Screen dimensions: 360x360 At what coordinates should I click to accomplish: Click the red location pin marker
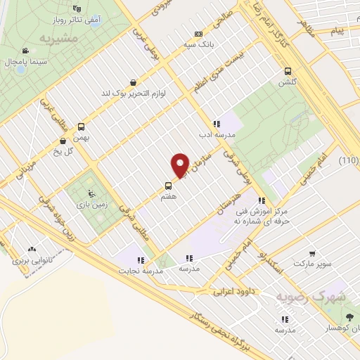[x=180, y=165]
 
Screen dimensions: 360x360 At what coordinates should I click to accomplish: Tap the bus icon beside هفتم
[x=168, y=186]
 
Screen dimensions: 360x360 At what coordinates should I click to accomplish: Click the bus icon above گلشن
[x=288, y=71]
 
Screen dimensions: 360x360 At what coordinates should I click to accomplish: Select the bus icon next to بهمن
[x=82, y=127]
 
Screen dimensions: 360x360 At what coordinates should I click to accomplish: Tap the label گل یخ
[x=63, y=151]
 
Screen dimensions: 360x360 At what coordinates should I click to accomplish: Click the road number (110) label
[x=349, y=161]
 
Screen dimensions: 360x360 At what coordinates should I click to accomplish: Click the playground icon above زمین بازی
[x=89, y=193]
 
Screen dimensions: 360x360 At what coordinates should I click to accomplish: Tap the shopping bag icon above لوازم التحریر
[x=134, y=82]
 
